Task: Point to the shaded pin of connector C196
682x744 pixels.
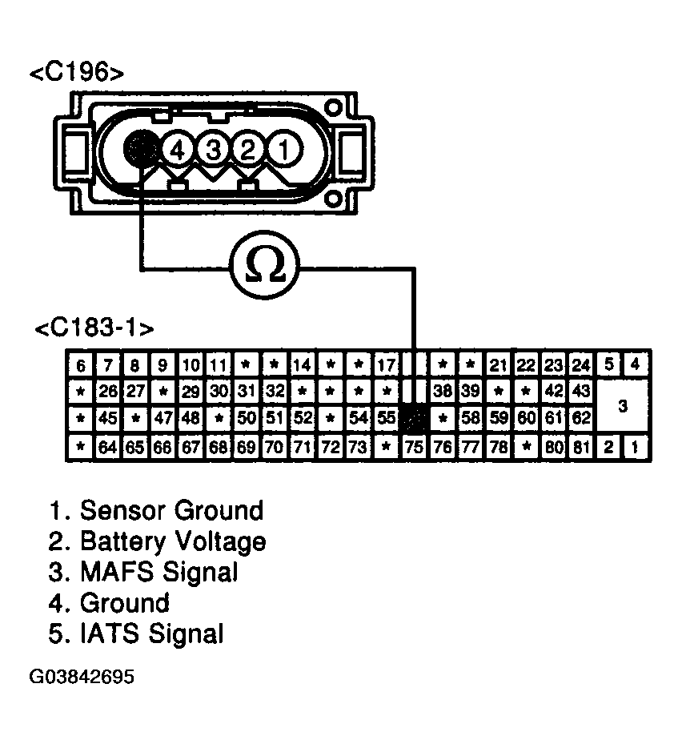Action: point(142,147)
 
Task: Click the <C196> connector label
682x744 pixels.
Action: point(77,73)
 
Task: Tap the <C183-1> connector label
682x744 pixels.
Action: point(94,329)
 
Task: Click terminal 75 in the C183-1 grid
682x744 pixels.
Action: point(414,446)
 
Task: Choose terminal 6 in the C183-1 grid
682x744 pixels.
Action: point(80,365)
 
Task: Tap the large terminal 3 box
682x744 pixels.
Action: point(623,406)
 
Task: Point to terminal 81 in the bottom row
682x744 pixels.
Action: point(580,446)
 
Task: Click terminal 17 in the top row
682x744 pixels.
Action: point(386,365)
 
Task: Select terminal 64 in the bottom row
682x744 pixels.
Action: point(107,446)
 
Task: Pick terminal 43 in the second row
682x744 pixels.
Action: point(580,392)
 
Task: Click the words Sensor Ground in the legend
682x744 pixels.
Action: point(171,510)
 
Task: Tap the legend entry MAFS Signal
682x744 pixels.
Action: point(158,572)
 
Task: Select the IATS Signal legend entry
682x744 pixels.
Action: point(151,633)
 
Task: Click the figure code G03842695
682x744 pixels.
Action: point(81,677)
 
